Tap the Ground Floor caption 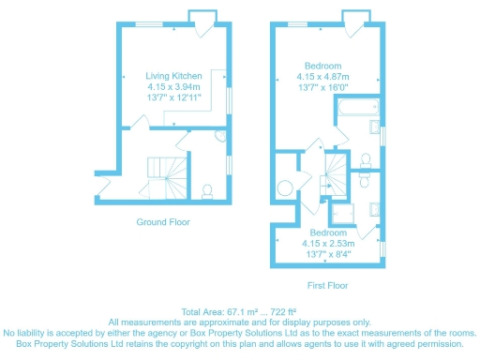(163, 222)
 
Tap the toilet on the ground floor (207, 191)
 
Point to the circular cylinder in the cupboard (284, 184)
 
